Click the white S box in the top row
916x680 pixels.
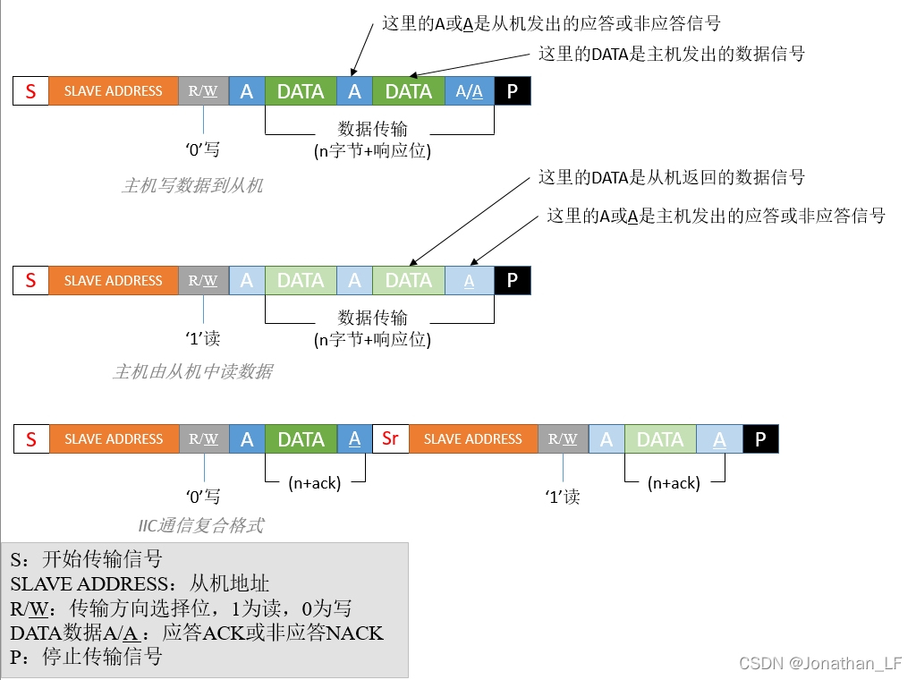click(31, 91)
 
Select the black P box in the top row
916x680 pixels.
click(512, 91)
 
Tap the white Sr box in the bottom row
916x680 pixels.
click(390, 439)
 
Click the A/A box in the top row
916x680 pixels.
click(470, 91)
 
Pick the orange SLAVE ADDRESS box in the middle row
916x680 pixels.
click(114, 281)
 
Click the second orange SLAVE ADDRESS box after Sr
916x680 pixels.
click(473, 439)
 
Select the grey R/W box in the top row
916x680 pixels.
click(204, 91)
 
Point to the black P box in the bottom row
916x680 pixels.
click(760, 439)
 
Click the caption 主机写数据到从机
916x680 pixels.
click(192, 186)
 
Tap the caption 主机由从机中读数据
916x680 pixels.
click(192, 371)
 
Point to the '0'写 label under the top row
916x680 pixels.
click(202, 149)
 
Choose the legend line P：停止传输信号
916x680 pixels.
click(87, 657)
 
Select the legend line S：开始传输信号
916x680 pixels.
click(87, 560)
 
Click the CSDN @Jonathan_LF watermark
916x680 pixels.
click(819, 663)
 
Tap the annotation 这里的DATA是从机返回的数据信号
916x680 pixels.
click(671, 177)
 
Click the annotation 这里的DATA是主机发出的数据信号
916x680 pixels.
click(671, 54)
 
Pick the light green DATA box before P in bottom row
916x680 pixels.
click(660, 439)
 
